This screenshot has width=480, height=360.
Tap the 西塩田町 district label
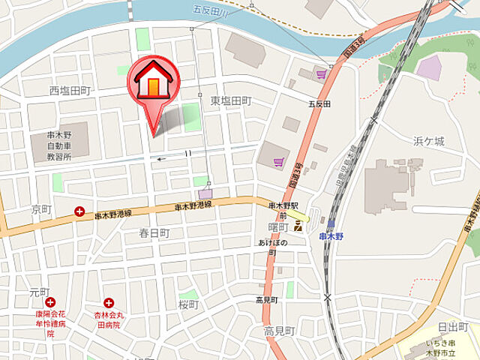pyautogui.click(x=70, y=90)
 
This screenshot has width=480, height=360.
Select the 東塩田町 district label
pyautogui.click(x=230, y=100)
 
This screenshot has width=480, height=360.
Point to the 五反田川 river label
pyautogui.click(x=209, y=11)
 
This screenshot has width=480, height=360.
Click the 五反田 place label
pyautogui.click(x=319, y=103)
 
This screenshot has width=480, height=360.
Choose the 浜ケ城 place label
pyautogui.click(x=429, y=141)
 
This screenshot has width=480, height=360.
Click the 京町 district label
pyautogui.click(x=40, y=208)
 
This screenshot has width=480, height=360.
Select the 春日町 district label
pyautogui.click(x=154, y=233)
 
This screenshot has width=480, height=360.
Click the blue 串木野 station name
pyautogui.click(x=331, y=236)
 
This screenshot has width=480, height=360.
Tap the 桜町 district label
pyautogui.click(x=187, y=304)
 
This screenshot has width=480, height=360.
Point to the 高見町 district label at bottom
pyautogui.click(x=280, y=331)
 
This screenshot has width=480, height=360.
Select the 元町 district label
pyautogui.click(x=39, y=292)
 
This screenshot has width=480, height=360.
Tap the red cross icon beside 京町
pyautogui.click(x=79, y=212)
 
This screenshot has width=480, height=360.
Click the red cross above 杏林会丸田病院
pyautogui.click(x=109, y=303)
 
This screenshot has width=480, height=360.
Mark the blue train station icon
pyautogui.click(x=331, y=223)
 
